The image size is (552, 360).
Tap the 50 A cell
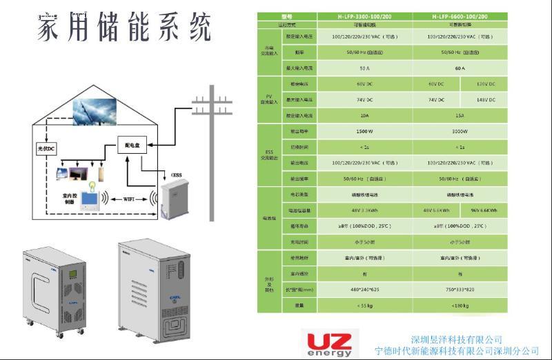click(x=364, y=68)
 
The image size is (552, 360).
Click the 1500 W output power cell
click(x=364, y=131)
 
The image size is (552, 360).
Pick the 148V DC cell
click(x=486, y=100)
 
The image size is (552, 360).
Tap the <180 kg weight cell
click(x=460, y=304)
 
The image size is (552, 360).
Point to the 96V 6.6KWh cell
click(x=486, y=210)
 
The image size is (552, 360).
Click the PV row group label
click(x=269, y=100)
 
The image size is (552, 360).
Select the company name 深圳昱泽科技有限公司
click(x=456, y=339)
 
